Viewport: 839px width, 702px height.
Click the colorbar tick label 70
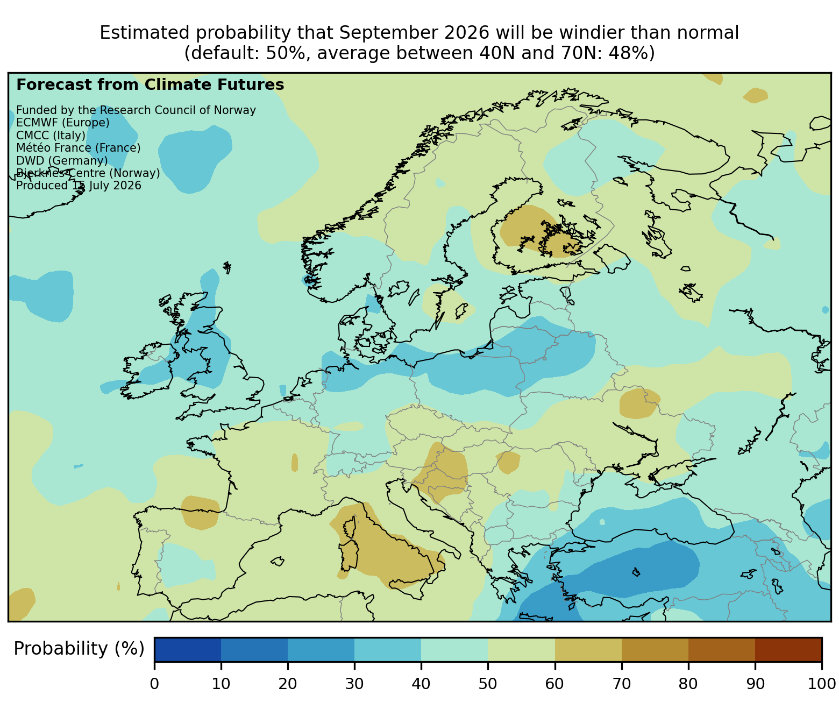click(x=622, y=683)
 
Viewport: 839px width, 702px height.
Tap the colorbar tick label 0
click(x=155, y=683)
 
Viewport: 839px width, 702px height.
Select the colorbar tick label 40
click(x=421, y=683)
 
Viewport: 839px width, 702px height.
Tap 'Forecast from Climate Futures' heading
click(x=150, y=85)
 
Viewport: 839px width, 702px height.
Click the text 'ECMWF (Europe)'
click(x=63, y=123)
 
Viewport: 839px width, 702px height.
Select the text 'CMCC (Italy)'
click(x=51, y=135)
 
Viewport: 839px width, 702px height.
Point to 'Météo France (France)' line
click(x=79, y=148)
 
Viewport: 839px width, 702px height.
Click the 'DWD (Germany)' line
click(x=62, y=160)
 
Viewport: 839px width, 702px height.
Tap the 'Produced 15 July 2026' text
click(x=79, y=185)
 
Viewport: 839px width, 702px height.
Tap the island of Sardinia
click(x=349, y=555)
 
